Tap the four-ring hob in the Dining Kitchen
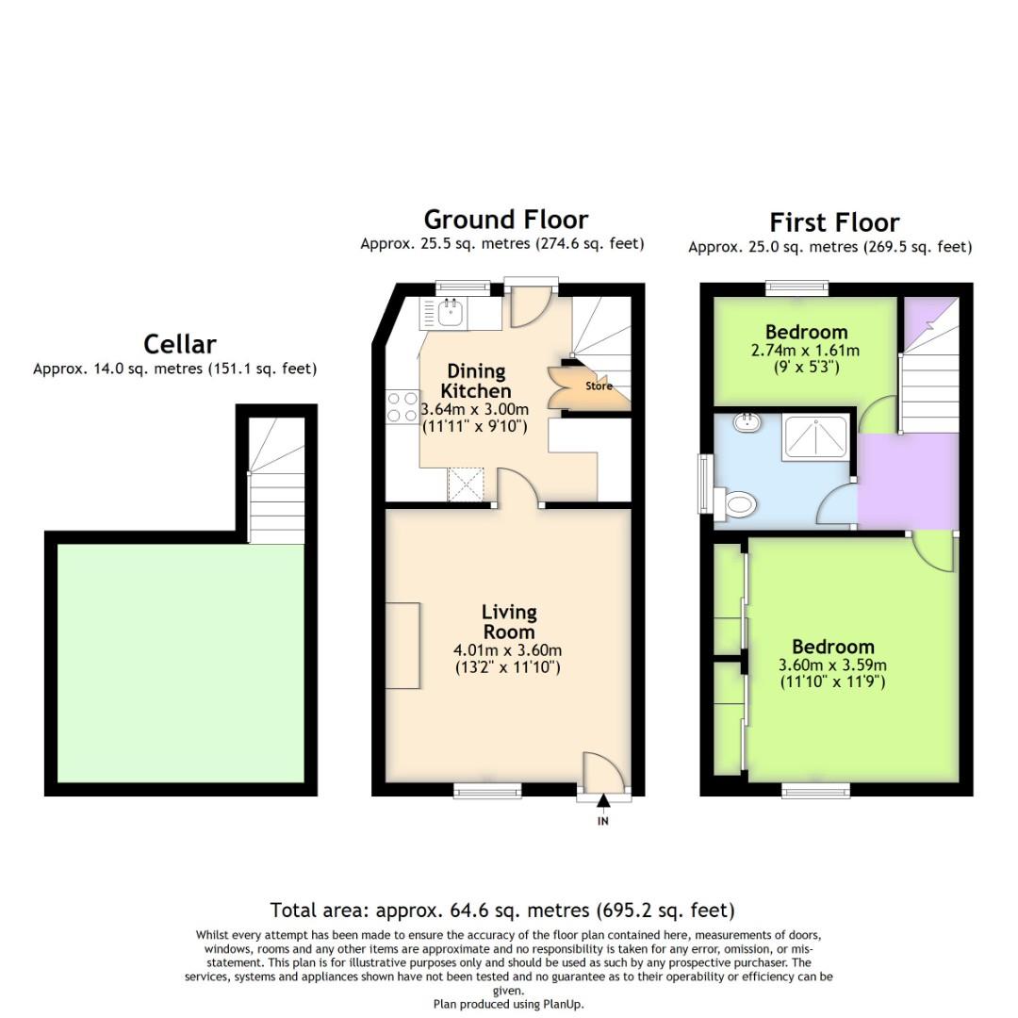pyautogui.click(x=402, y=407)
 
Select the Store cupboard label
pyautogui.click(x=598, y=386)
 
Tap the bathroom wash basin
pyautogui.click(x=749, y=422)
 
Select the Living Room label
pyautogui.click(x=509, y=623)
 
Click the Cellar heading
pyautogui.click(x=179, y=344)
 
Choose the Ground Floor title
pyautogui.click(x=505, y=220)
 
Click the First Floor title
pyautogui.click(x=833, y=222)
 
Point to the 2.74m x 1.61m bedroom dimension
pyautogui.click(x=806, y=350)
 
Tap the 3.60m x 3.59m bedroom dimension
pyautogui.click(x=832, y=665)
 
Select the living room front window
pyautogui.click(x=487, y=791)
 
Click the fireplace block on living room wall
pyautogui.click(x=402, y=646)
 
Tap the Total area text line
pyautogui.click(x=501, y=911)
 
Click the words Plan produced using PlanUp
pyautogui.click(x=508, y=1004)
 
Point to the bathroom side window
pyautogui.click(x=704, y=484)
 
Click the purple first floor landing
pyautogui.click(x=907, y=481)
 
